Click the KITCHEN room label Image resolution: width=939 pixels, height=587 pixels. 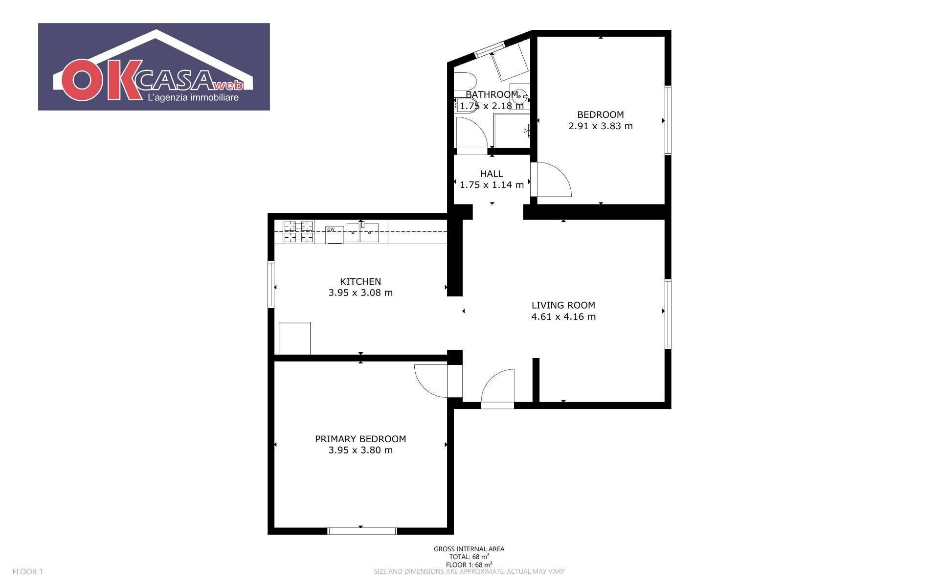click(x=360, y=281)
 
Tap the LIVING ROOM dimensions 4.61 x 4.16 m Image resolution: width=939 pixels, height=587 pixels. click(x=563, y=316)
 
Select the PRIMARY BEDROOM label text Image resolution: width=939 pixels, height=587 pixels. click(x=360, y=439)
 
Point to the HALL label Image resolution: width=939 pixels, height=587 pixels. click(x=492, y=174)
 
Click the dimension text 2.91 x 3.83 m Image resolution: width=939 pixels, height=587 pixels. click(x=601, y=126)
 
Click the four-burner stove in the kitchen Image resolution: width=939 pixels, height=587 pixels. click(x=298, y=232)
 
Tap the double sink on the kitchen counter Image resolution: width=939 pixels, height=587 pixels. click(x=363, y=233)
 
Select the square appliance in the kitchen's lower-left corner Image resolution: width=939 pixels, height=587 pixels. click(x=294, y=338)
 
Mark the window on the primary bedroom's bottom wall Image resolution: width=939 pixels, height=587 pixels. click(x=362, y=531)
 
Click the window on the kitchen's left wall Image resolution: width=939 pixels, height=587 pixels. click(x=271, y=285)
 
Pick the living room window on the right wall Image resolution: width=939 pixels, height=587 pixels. click(x=668, y=314)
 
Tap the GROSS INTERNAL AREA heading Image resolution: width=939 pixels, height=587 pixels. click(x=469, y=549)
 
